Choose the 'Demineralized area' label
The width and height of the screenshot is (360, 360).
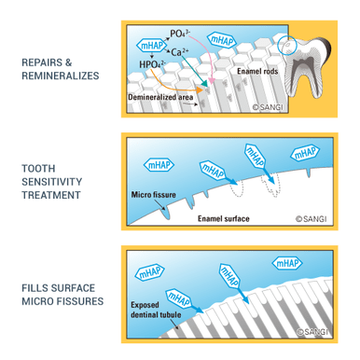click(x=163, y=96)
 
